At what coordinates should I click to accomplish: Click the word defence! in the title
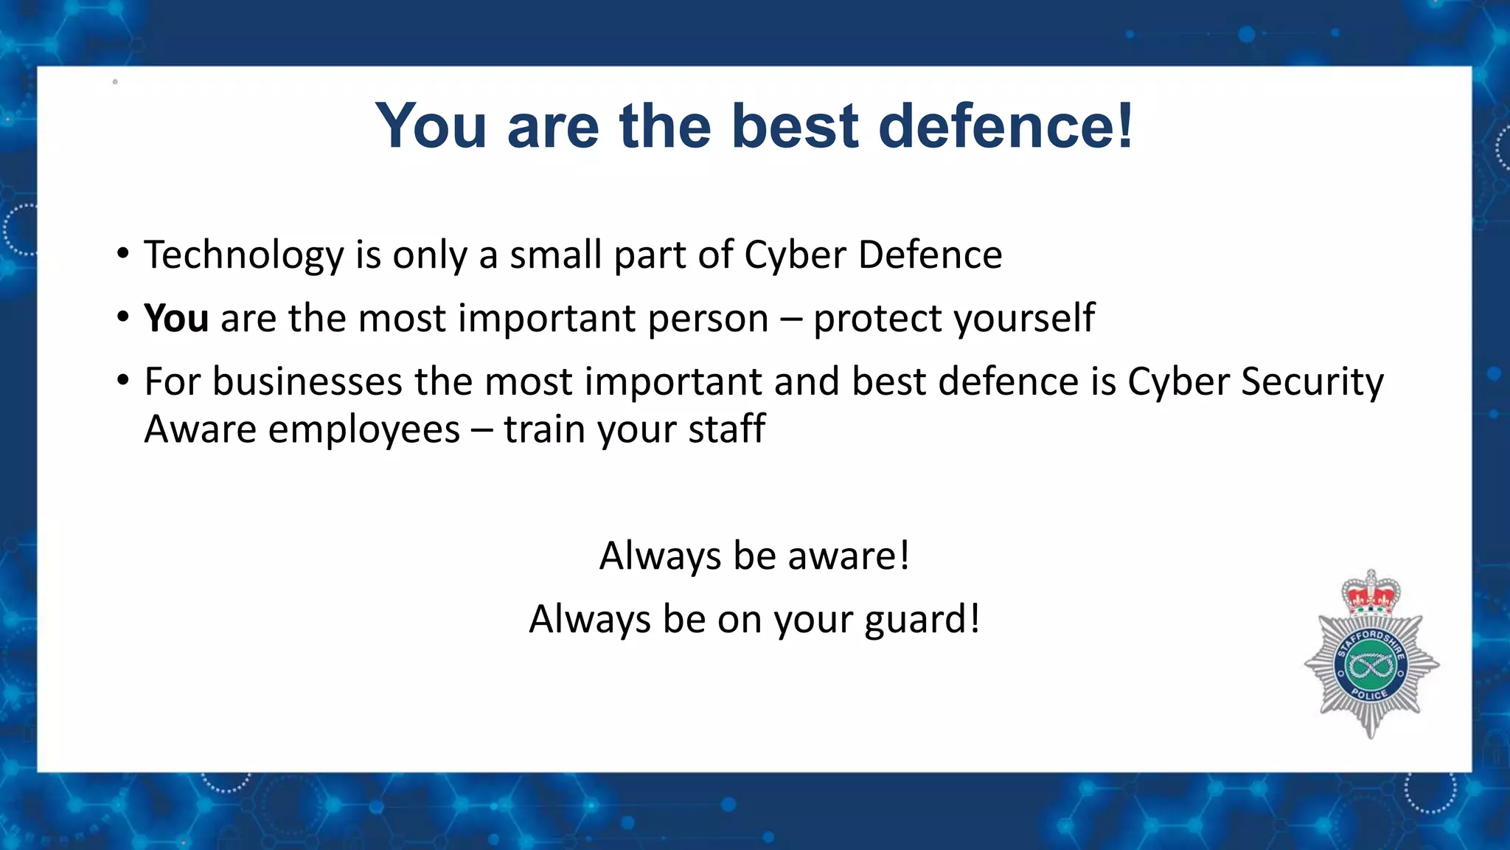[x=1006, y=126]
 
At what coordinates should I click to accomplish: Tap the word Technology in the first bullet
[x=244, y=255]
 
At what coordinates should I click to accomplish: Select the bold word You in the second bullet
[x=176, y=319]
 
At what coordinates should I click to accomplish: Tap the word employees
[x=363, y=430]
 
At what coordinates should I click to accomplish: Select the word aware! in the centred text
[x=849, y=556]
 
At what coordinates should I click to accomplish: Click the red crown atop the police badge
[x=1371, y=595]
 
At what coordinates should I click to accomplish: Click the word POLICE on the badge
[x=1370, y=694]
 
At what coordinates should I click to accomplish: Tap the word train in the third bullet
[x=544, y=429]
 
